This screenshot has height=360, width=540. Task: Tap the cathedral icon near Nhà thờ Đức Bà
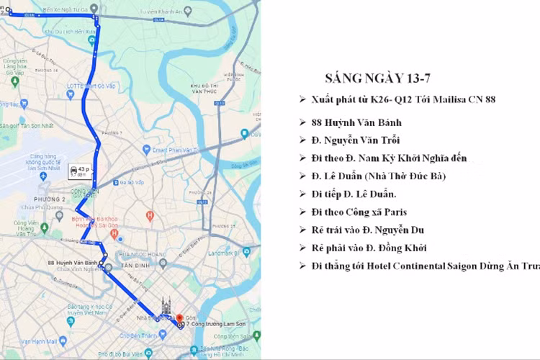167,305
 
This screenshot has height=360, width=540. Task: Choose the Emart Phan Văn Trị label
166,150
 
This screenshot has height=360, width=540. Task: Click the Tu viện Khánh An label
163,12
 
